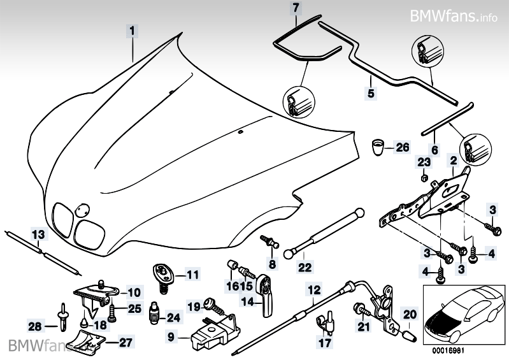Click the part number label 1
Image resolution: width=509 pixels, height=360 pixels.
(132, 30)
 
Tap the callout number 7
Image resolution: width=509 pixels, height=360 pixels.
(294, 8)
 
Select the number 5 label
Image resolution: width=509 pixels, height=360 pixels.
(369, 92)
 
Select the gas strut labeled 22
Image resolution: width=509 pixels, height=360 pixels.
(325, 231)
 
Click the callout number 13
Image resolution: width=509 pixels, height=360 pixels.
(39, 234)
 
